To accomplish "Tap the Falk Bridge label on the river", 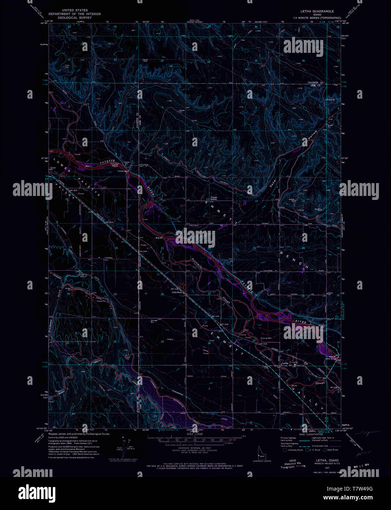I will (122, 171).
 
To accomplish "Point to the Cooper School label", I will (214, 198).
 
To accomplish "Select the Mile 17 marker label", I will (88, 166).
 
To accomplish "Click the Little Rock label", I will (177, 292).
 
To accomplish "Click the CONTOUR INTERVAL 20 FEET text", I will (195, 448).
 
